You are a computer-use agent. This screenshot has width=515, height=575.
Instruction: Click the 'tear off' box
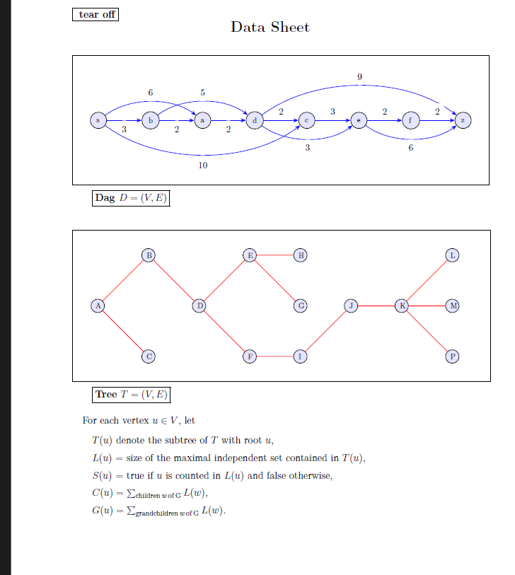pyautogui.click(x=96, y=14)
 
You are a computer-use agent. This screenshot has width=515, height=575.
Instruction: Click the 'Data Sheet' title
pyautogui.click(x=270, y=28)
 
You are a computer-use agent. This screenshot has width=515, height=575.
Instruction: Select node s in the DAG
pyautogui.click(x=98, y=121)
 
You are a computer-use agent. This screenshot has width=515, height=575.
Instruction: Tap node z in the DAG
pyautogui.click(x=463, y=121)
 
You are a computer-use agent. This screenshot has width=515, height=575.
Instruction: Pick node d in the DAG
pyautogui.click(x=254, y=121)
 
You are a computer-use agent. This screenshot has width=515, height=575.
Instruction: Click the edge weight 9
pyautogui.click(x=359, y=76)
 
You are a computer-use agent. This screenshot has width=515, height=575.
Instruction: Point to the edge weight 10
pyautogui.click(x=203, y=165)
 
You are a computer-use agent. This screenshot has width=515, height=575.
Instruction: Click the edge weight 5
pyautogui.click(x=202, y=93)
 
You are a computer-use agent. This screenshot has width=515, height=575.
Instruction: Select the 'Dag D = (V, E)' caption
pyautogui.click(x=132, y=198)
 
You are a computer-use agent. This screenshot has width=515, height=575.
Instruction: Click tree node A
pyautogui.click(x=98, y=306)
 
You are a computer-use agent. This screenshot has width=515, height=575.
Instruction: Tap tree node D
pyautogui.click(x=199, y=306)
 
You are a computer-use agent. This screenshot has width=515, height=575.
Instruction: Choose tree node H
pyautogui.click(x=301, y=255)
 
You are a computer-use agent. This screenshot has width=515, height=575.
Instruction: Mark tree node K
pyautogui.click(x=402, y=306)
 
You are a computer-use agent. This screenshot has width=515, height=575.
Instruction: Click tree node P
pyautogui.click(x=453, y=356)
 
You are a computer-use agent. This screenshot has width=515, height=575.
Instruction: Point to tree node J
pyautogui.click(x=351, y=306)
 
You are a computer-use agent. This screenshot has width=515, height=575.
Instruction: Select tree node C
pyautogui.click(x=149, y=356)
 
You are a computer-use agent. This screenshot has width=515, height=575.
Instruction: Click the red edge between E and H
pyautogui.click(x=275, y=255)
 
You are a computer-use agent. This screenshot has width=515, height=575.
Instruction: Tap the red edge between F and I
pyautogui.click(x=275, y=356)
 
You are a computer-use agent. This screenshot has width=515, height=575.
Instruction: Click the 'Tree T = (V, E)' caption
pyautogui.click(x=132, y=395)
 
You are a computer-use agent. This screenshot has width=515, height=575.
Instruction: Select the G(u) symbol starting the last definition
pyautogui.click(x=102, y=511)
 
